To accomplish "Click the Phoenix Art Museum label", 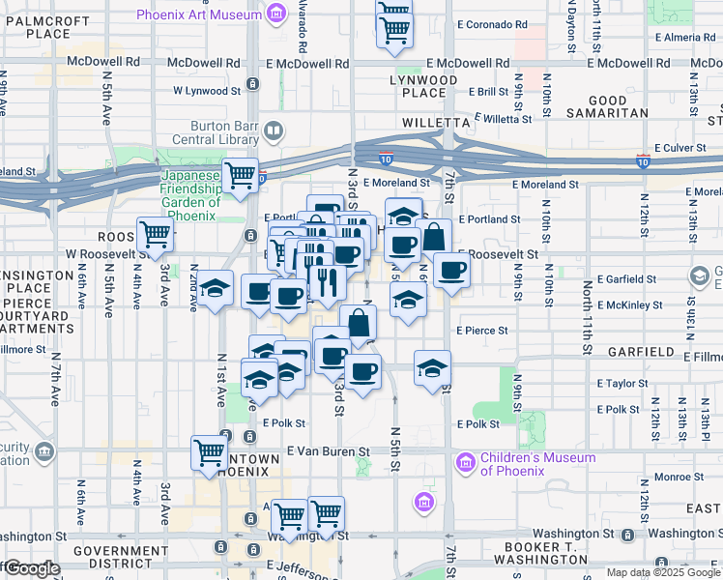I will [198, 14].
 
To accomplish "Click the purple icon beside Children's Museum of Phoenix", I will [466, 463].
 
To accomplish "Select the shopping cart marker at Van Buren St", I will [209, 451].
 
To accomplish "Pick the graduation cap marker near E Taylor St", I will [431, 366].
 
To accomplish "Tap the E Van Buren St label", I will [330, 451].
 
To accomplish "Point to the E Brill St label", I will [488, 92].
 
